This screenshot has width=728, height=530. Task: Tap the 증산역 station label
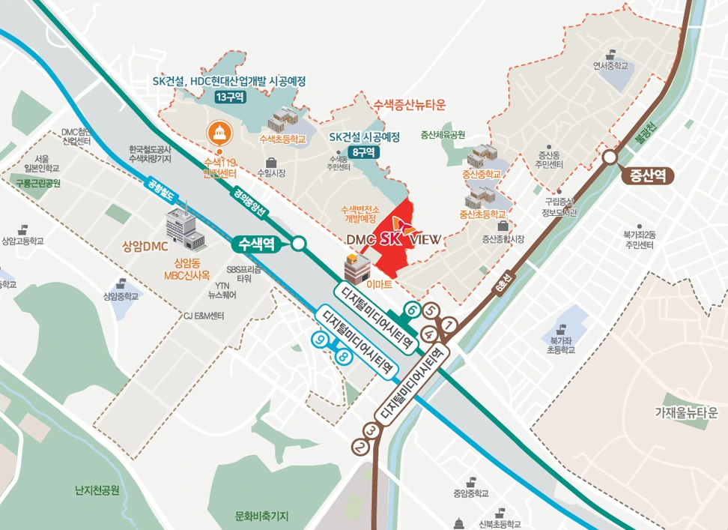(647, 177)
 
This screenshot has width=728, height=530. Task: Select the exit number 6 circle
(411, 308)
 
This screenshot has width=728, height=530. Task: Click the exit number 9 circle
(321, 340)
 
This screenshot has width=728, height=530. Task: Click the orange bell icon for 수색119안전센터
(219, 133)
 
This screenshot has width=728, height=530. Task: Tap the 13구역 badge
(229, 97)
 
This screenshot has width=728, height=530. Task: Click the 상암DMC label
(145, 246)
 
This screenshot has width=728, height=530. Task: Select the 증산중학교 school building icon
(482, 157)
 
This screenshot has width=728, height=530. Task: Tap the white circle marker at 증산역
(610, 156)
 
